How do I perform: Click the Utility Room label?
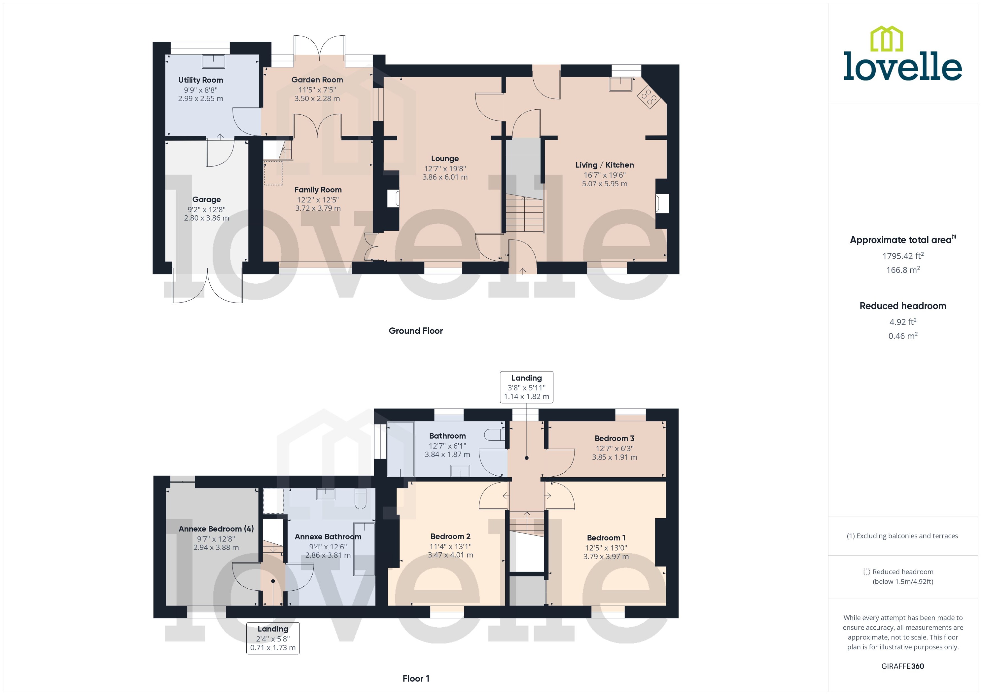pyautogui.click(x=200, y=80)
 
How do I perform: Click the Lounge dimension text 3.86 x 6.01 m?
pyautogui.click(x=445, y=177)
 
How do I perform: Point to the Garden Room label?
pyautogui.click(x=317, y=80)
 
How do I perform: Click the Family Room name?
pyautogui.click(x=318, y=190)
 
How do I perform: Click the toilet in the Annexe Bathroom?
pyautogui.click(x=360, y=498)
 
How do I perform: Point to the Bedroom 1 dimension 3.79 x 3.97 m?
pyautogui.click(x=605, y=557)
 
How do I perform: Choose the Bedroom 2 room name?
pyautogui.click(x=450, y=536)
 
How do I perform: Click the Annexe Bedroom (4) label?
pyautogui.click(x=216, y=529)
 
